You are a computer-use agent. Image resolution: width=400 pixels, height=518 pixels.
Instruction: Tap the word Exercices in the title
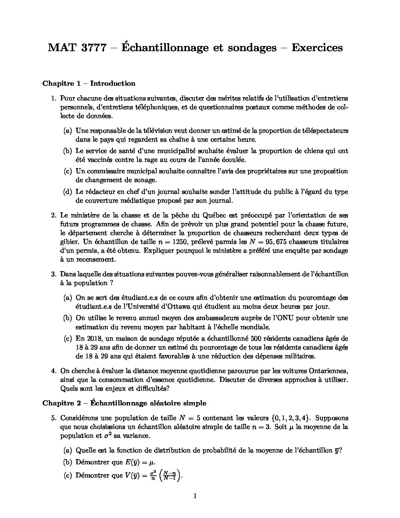317,48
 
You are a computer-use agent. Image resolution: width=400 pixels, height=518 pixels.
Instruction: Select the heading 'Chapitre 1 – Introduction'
89,84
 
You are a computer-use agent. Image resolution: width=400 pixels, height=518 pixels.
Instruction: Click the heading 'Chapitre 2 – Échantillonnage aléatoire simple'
124,403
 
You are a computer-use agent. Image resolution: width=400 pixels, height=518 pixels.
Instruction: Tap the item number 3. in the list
54,274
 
